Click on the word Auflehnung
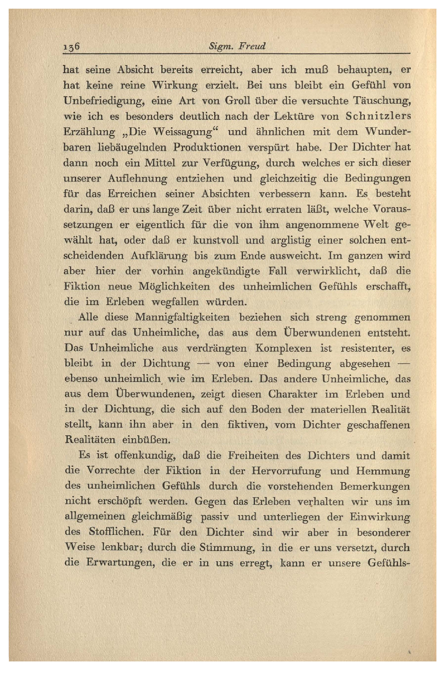(137, 179)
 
